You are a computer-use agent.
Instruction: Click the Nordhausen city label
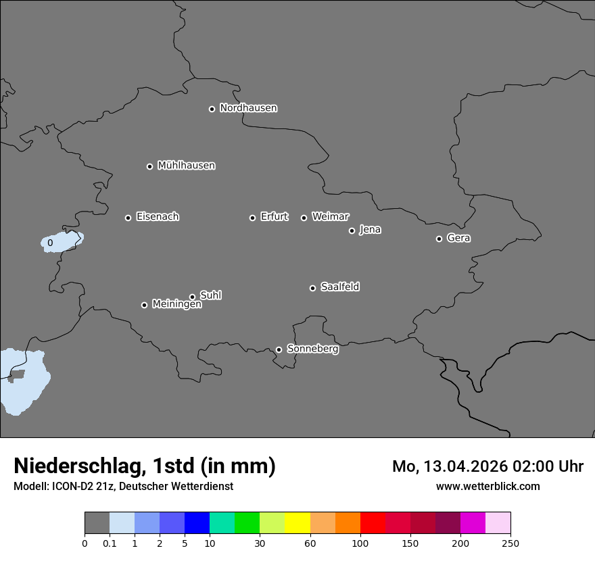248,108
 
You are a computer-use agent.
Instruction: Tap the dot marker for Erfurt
252,218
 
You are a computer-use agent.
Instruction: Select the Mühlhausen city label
186,166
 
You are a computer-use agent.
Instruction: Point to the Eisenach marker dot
128,218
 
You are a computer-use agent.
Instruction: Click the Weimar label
330,217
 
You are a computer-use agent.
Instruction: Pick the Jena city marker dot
352,230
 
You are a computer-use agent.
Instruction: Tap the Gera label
458,238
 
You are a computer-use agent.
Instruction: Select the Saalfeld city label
339,287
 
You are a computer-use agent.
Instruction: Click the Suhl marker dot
192,297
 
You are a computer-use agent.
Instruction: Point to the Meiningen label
176,305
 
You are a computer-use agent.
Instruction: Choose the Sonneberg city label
312,349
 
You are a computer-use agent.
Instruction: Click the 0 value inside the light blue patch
50,243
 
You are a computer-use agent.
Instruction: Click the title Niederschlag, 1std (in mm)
145,466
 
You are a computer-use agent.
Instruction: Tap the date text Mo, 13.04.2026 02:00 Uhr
487,466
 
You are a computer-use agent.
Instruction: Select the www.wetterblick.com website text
487,486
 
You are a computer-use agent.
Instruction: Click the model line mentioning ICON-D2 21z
123,486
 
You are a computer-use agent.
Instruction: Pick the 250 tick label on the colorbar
510,543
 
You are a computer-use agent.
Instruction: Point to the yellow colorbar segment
297,523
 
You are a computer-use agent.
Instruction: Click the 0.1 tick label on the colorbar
110,543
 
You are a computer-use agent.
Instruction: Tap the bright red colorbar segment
373,523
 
